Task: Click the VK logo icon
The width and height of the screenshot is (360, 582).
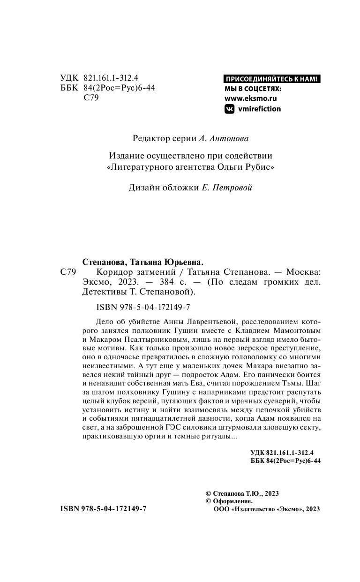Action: pyautogui.click(x=230, y=109)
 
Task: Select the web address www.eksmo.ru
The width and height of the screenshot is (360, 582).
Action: pyautogui.click(x=251, y=98)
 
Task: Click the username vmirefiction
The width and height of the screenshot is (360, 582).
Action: pyautogui.click(x=260, y=109)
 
